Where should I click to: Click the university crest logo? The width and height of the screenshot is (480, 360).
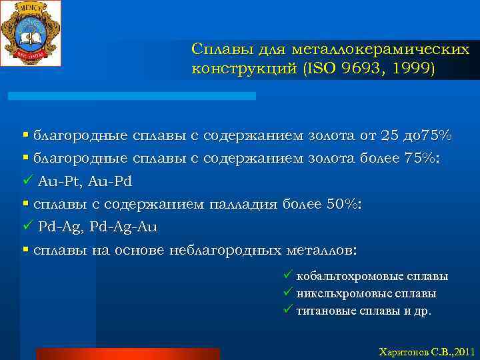click(31, 33)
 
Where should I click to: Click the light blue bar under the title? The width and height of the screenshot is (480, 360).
click(131, 96)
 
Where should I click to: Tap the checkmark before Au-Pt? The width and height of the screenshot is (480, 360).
click(27, 181)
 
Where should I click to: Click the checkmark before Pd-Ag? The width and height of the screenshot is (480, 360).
click(27, 227)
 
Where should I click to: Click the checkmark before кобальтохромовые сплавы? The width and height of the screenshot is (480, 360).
click(287, 275)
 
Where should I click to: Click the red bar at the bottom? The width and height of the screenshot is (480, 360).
click(128, 353)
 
